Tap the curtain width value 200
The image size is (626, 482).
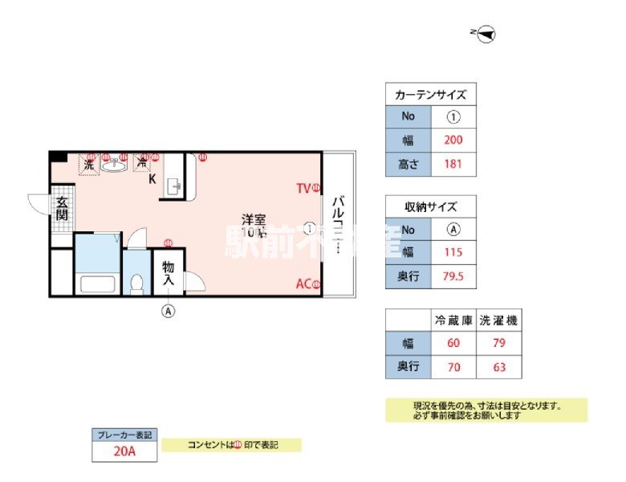coord(453,140)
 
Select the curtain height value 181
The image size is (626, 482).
coord(453,165)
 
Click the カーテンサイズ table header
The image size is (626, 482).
coord(430,94)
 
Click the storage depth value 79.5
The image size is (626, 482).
coord(453,277)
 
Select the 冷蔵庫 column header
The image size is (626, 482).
coord(453,320)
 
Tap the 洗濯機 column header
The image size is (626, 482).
coord(498,320)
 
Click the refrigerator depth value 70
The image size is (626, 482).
coord(453,368)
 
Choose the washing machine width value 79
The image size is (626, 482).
coord(498,344)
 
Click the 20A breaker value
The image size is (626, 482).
coord(124,451)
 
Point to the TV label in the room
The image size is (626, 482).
coord(303,189)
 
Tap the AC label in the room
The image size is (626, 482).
coord(303,284)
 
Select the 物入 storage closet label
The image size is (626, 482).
coord(169,273)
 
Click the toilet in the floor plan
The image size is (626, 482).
coord(137,283)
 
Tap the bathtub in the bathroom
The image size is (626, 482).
coord(97,284)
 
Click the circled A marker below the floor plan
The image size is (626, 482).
coord(169,310)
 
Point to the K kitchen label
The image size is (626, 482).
coord(152,179)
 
